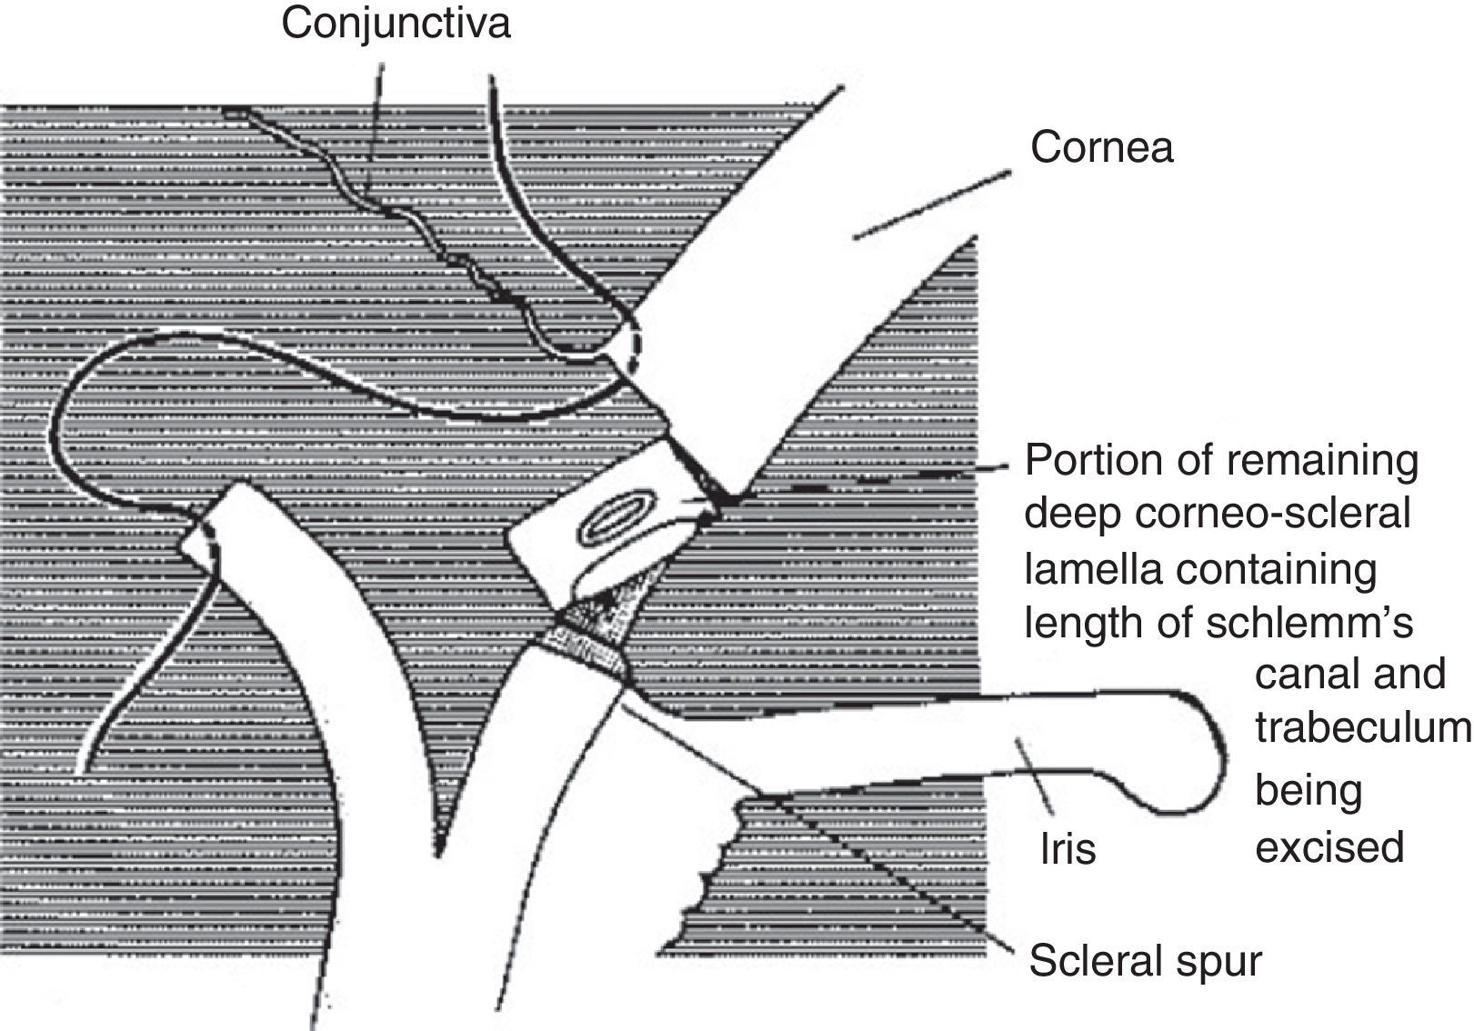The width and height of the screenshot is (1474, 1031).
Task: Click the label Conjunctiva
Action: (x=396, y=24)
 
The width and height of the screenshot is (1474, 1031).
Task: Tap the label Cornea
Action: (x=1101, y=147)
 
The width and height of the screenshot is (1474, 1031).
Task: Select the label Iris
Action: (x=1068, y=849)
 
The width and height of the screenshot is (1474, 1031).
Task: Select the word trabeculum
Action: (x=1362, y=727)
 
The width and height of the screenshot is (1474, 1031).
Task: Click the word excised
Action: (x=1329, y=847)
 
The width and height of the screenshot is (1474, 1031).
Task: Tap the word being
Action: (x=1309, y=792)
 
